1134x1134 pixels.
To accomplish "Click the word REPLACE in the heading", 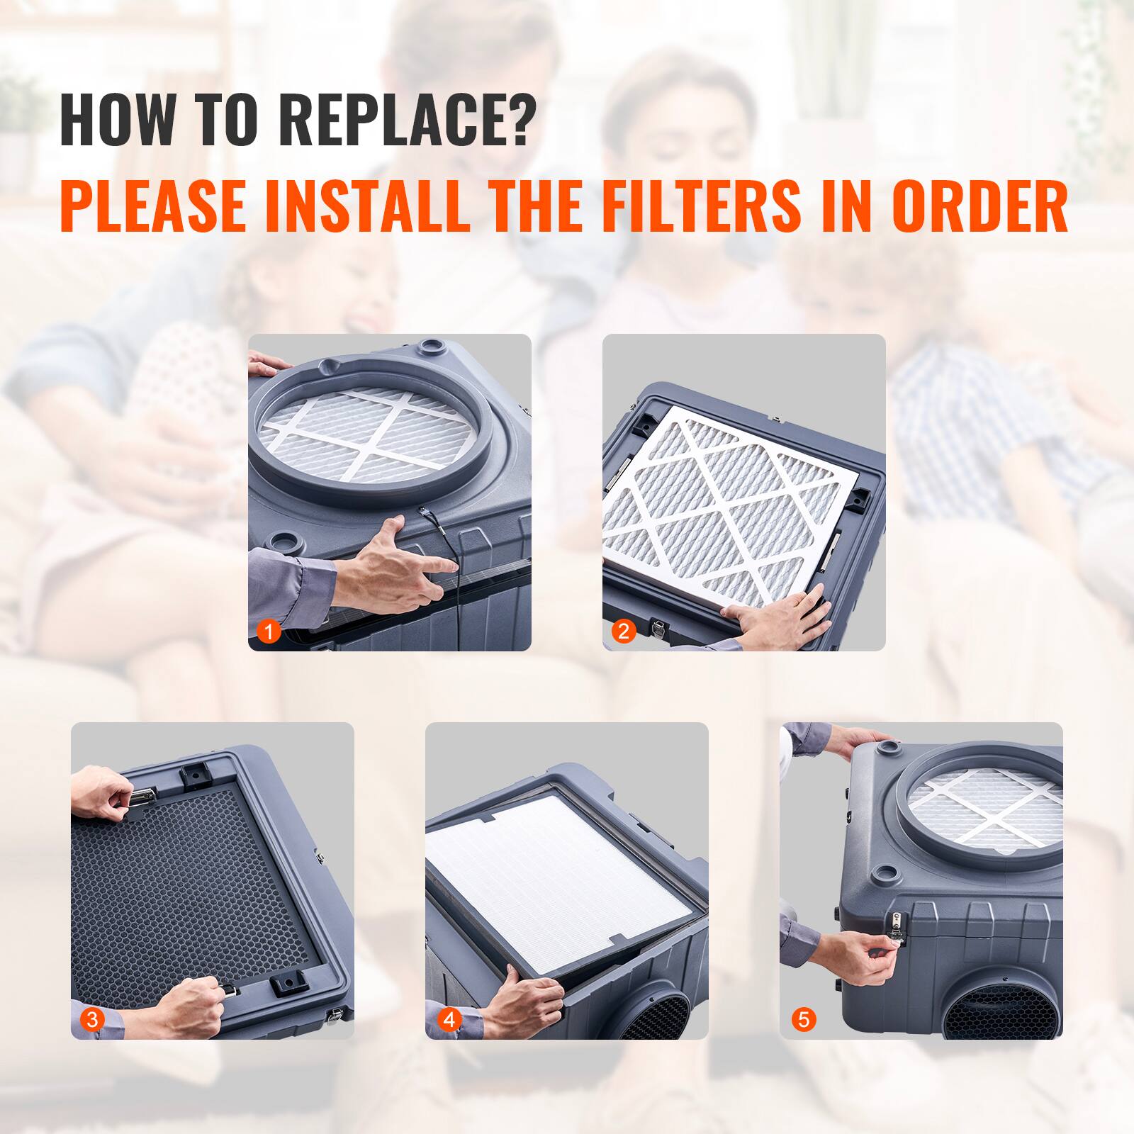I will pyautogui.click(x=404, y=121).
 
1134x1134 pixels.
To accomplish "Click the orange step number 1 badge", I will pyautogui.click(x=269, y=631).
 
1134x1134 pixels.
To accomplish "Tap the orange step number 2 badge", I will pyautogui.click(x=624, y=631).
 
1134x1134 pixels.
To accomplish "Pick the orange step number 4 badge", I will pyautogui.click(x=449, y=1020).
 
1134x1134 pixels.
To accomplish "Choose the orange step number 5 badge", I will pyautogui.click(x=802, y=1020).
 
